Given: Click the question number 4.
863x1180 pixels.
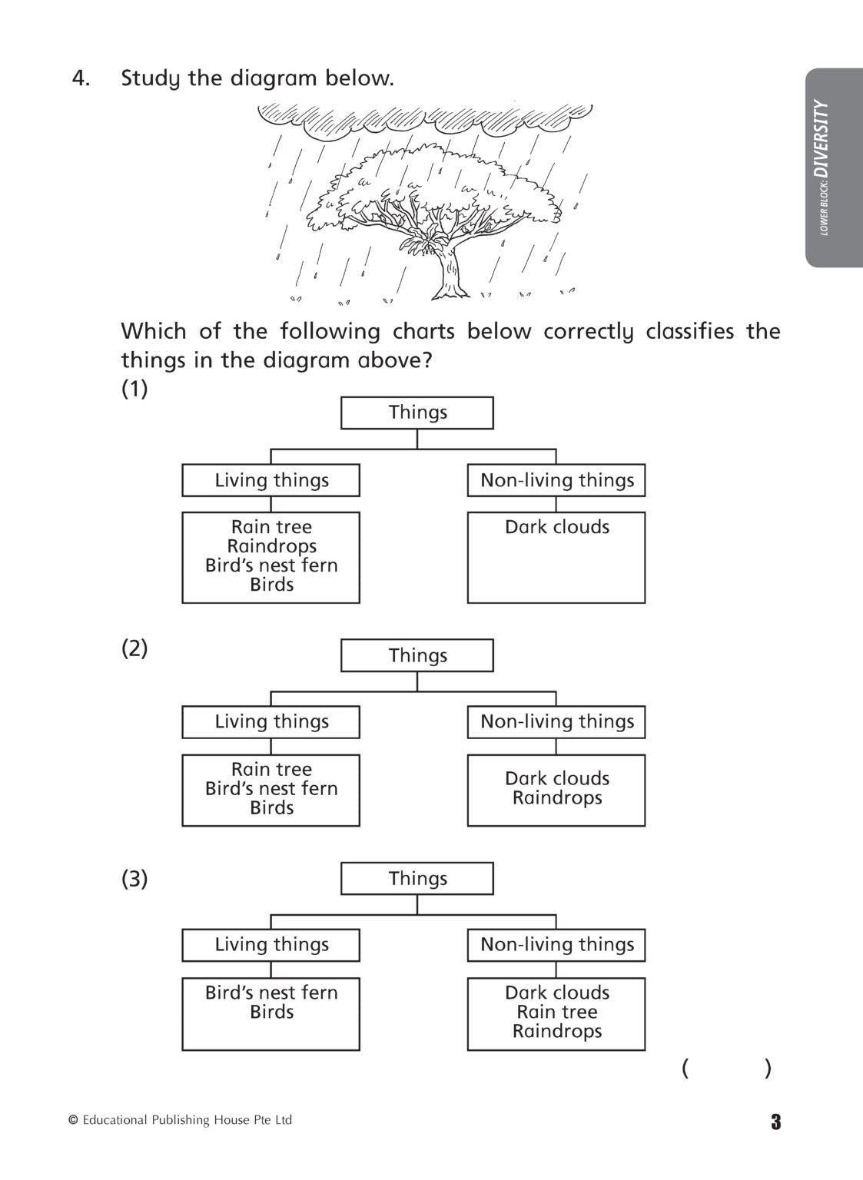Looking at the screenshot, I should point(80,78).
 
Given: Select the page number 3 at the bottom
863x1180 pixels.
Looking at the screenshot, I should point(775,1122).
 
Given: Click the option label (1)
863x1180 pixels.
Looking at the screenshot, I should point(134,389).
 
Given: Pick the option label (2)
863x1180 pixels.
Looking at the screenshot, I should point(134,648).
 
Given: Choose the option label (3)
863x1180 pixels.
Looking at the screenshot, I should point(134,878).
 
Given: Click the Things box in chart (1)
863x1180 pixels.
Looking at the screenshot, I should point(417,413).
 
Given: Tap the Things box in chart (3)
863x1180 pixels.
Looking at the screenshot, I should point(417,878).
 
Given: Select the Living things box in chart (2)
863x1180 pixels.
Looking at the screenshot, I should point(271,722).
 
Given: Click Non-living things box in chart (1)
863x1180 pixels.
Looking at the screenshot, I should point(556,480).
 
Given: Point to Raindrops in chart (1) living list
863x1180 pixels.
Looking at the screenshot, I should point(271,546).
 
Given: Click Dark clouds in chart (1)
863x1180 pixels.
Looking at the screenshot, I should point(556,527).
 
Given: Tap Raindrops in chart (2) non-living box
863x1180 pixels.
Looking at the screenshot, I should point(556,798).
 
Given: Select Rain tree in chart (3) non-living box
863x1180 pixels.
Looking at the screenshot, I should point(556,1012).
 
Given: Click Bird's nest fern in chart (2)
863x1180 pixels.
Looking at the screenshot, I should point(271,788).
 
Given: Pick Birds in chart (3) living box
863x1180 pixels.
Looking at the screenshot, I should point(271,1012).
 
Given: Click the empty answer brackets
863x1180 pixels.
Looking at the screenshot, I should point(725,1069).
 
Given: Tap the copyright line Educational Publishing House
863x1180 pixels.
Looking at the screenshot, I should point(181,1120).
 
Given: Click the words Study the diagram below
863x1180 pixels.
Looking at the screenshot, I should point(257,78).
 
